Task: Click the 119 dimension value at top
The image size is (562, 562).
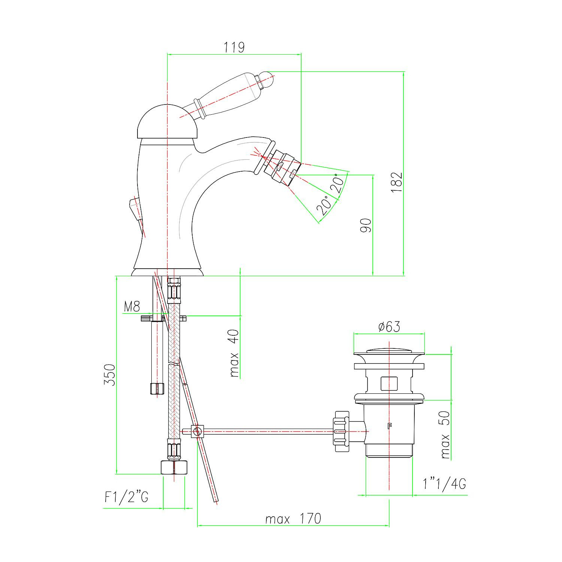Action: [x=234, y=48]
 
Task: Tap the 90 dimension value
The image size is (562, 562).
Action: [x=366, y=225]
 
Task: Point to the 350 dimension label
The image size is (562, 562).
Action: [x=109, y=374]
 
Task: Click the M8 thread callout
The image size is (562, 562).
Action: [x=132, y=307]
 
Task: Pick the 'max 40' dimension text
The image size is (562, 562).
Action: [x=234, y=353]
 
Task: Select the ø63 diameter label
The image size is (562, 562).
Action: [x=389, y=327]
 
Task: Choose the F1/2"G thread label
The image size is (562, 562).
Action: [x=126, y=497]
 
